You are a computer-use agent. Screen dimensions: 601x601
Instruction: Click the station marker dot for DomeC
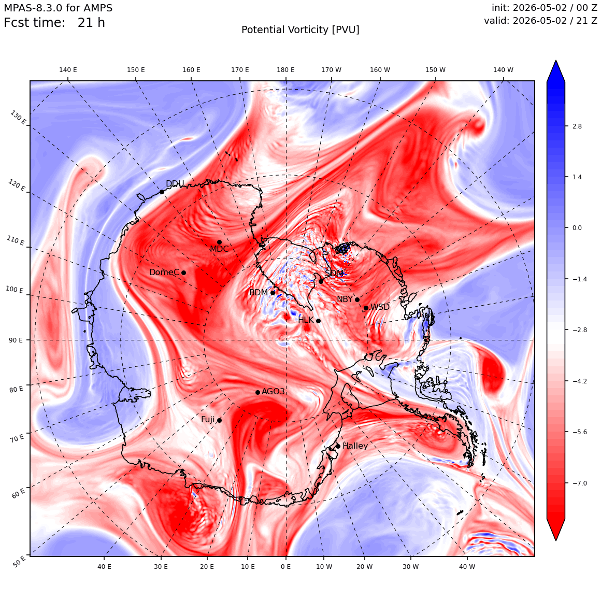coord(183,273)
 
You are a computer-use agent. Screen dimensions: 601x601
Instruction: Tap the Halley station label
coord(355,446)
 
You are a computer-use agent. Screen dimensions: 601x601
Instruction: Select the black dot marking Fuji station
coord(219,420)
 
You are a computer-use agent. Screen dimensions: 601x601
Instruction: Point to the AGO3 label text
coord(273,391)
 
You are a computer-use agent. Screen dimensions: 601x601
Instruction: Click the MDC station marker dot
coord(219,242)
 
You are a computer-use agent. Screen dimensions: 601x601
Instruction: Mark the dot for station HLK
coord(318,321)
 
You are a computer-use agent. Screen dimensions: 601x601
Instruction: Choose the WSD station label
coord(380,307)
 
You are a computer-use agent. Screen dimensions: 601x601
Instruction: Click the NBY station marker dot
coord(357,299)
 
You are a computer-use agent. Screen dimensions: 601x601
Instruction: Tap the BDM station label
coord(259,292)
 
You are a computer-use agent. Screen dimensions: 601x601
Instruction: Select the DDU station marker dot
coord(162,192)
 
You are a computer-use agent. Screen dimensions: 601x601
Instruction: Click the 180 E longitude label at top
coord(285,70)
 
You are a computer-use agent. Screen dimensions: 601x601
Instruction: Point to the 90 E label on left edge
coord(16,340)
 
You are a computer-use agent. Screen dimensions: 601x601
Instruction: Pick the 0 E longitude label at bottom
coord(285,566)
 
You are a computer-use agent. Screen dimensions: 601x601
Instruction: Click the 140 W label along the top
coord(503,70)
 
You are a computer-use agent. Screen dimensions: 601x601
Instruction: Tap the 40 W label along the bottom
coord(467,566)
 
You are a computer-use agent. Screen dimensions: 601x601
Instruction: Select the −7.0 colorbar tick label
coord(579,483)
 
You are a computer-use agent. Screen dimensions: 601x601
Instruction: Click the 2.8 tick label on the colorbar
coord(577,126)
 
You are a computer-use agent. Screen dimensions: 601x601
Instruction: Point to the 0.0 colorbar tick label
coord(577,227)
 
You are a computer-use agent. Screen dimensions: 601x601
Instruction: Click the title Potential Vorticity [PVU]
coord(300,30)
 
